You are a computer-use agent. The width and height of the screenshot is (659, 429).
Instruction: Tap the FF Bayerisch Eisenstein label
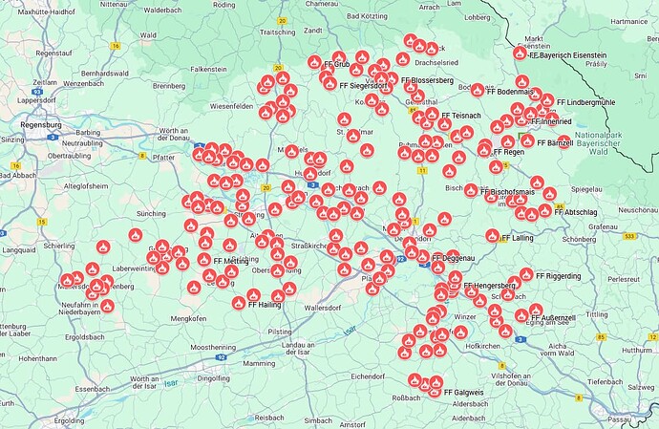tap(573, 56)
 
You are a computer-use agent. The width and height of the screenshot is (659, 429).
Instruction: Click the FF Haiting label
tap(263, 304)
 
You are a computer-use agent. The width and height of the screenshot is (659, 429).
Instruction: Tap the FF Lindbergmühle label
tap(586, 101)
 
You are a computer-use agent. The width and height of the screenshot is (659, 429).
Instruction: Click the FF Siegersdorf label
tap(362, 85)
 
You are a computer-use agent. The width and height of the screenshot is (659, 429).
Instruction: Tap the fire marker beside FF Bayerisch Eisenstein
tap(520, 54)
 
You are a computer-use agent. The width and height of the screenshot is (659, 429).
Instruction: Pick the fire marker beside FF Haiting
tap(239, 304)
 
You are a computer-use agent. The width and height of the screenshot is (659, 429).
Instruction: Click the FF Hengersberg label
tap(490, 286)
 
